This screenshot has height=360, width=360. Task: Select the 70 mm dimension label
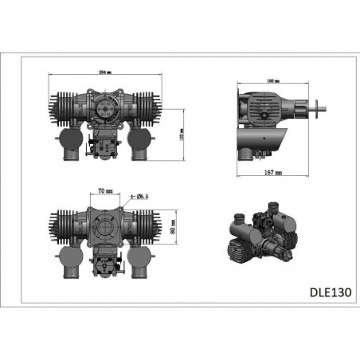pos(103,191)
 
